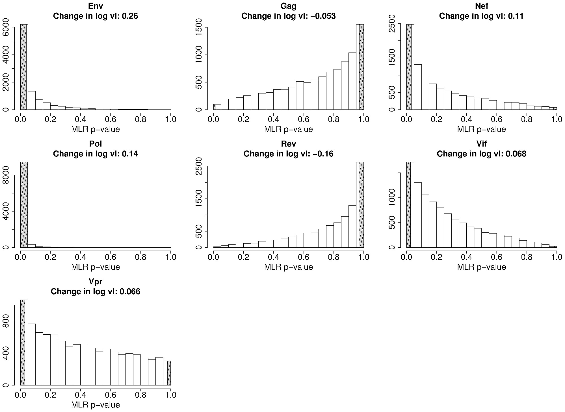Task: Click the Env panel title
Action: (x=96, y=6)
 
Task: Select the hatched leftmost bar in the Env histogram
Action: (x=23, y=67)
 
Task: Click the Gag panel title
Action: (x=288, y=6)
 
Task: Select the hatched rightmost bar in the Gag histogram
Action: (x=361, y=67)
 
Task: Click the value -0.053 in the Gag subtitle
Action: (x=322, y=16)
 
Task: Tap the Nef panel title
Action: (x=481, y=6)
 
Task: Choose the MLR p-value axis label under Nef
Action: (x=481, y=129)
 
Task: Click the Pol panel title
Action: (x=96, y=144)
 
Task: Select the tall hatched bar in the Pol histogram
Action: (x=24, y=205)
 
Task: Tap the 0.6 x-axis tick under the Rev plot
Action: (x=303, y=257)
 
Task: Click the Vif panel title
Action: (x=481, y=144)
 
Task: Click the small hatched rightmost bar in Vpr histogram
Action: (x=169, y=373)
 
